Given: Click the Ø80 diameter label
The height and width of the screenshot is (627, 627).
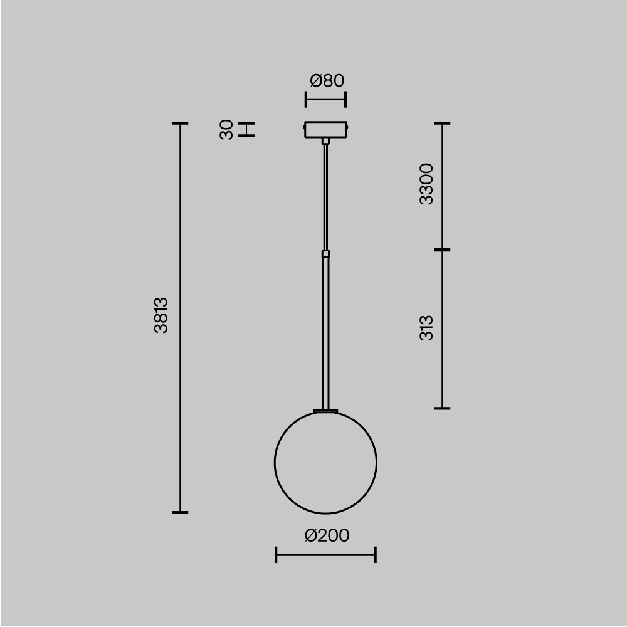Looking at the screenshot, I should coord(327,81).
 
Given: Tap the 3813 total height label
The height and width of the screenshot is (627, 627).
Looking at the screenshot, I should coord(161,315).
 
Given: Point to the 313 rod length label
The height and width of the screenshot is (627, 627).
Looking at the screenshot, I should coord(426,328).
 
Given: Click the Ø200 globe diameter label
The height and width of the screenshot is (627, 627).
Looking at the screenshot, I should coord(327,535).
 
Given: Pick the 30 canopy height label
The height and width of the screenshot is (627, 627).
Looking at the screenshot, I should coord(227,129).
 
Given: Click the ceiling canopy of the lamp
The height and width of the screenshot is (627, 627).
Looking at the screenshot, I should coord(325,129).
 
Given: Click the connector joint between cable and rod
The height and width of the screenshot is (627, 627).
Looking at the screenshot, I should coord(325,254).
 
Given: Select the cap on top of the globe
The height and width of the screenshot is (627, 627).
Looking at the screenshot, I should coord(325,411).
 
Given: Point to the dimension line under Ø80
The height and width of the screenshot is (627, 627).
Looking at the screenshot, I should coord(325,99).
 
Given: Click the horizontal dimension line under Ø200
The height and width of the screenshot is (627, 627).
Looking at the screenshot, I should coord(325,554).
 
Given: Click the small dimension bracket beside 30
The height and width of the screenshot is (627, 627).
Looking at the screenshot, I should coord(248,129).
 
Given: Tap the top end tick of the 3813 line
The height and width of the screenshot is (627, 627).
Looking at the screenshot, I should coord(180,124).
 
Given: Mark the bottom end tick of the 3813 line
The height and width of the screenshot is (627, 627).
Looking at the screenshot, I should coord(180,512).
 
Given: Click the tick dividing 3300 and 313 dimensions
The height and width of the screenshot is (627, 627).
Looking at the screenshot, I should coord(442,250).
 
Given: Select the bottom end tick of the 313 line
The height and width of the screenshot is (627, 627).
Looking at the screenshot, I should coord(442,408).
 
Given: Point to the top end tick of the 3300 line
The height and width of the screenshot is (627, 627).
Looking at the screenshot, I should coord(442,124).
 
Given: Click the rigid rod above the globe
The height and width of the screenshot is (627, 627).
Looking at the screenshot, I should coord(325,332).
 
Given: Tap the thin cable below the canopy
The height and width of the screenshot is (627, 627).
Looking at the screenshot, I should coord(325,194).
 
